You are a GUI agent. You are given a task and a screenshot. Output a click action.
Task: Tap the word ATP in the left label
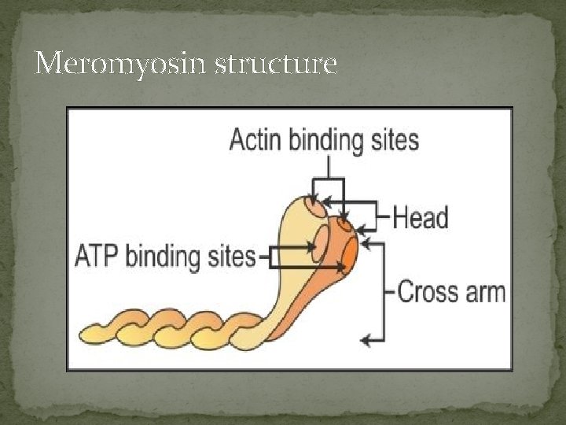click(97, 257)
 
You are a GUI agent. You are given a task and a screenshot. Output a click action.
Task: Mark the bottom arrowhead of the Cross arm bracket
click(363, 340)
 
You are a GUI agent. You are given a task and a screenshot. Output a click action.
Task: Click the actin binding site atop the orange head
click(344, 225)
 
